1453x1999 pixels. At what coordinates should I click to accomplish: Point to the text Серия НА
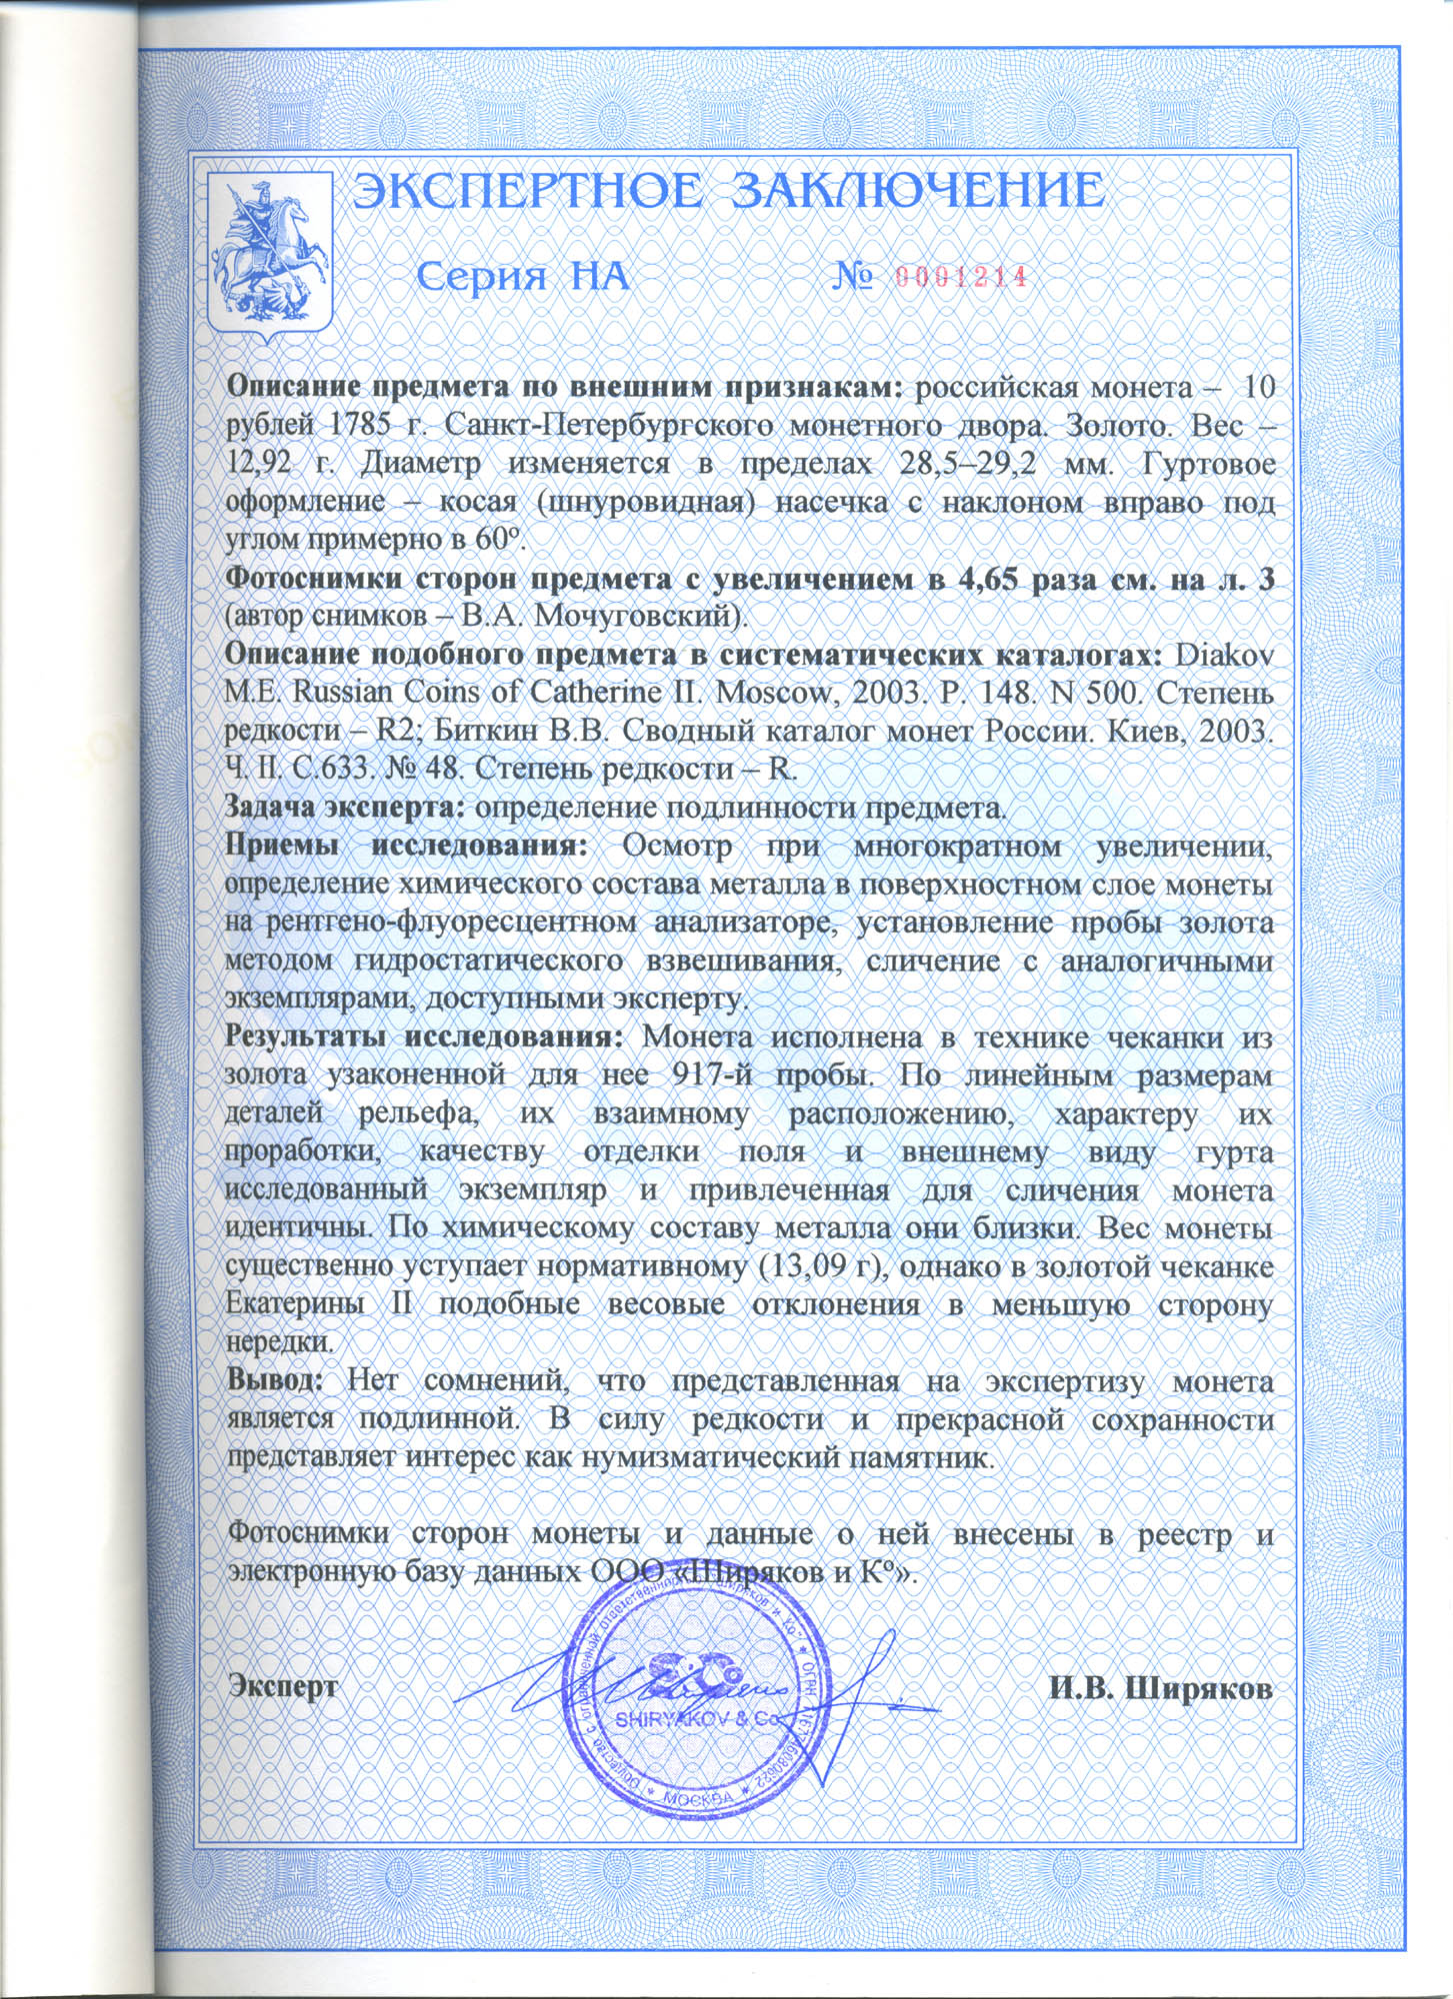(x=522, y=277)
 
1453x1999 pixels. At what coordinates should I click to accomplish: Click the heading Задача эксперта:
(x=346, y=807)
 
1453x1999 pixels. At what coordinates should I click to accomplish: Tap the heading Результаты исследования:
(x=425, y=1036)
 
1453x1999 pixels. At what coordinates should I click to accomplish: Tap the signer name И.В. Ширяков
(x=1160, y=1688)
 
